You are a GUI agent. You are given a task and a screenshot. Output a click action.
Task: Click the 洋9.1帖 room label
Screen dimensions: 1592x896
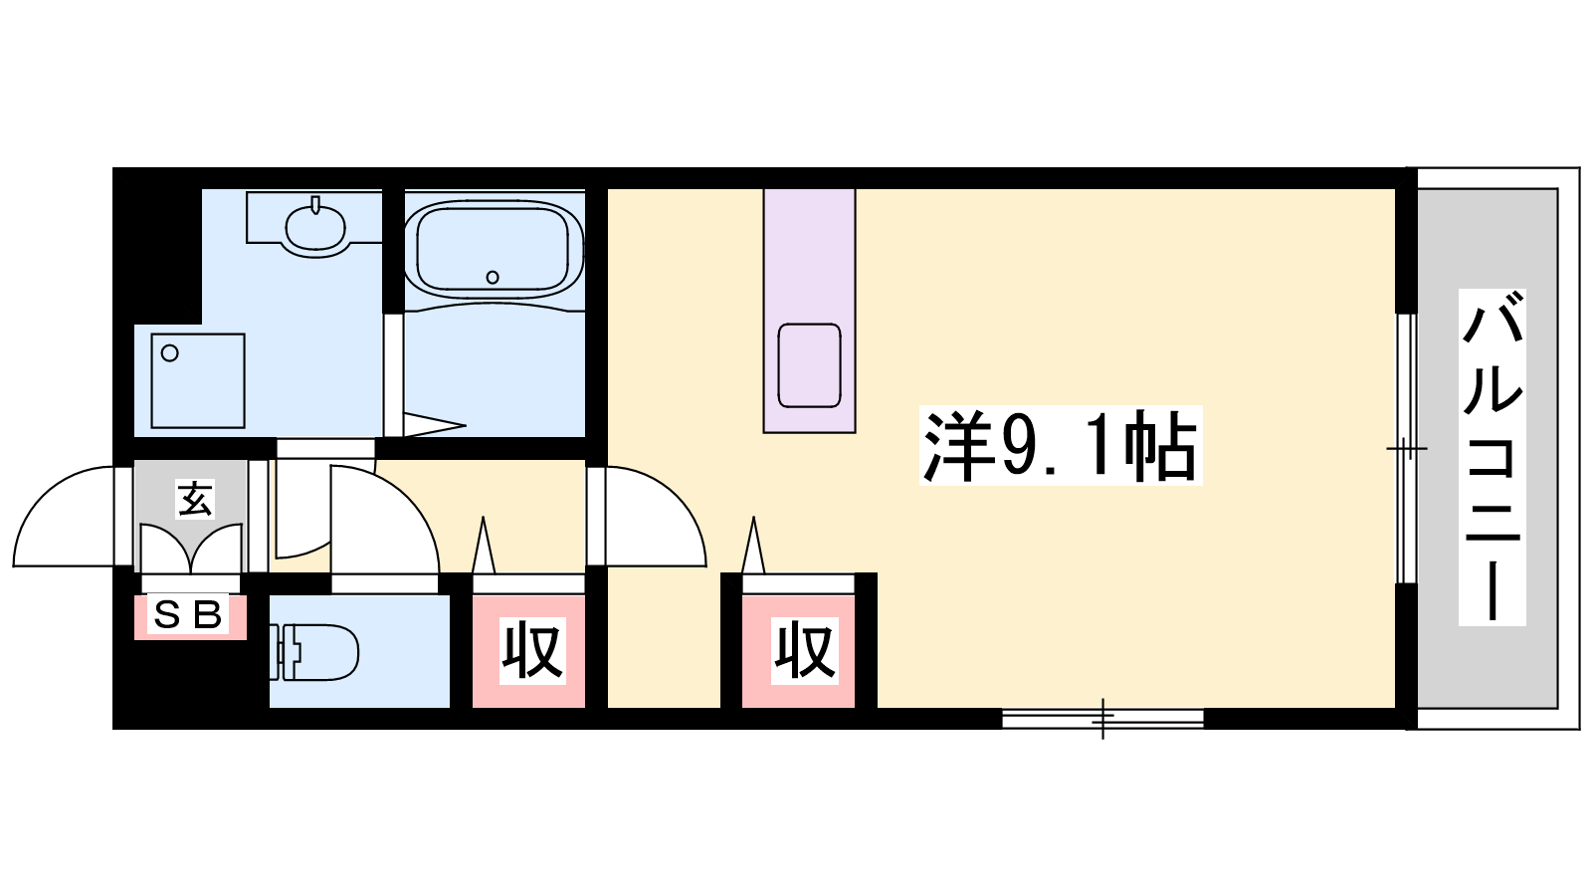click(1060, 446)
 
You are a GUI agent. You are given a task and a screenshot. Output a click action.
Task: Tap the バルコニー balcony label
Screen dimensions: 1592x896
click(1492, 457)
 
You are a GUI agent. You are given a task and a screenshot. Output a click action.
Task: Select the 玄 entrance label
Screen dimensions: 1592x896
click(195, 498)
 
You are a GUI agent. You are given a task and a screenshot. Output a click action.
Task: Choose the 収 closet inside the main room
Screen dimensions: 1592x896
click(805, 651)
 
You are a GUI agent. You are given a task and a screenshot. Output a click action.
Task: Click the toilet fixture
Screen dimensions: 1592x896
click(314, 652)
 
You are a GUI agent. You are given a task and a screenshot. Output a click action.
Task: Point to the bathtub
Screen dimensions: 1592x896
click(494, 250)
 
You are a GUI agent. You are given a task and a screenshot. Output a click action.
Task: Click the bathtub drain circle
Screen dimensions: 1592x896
click(493, 277)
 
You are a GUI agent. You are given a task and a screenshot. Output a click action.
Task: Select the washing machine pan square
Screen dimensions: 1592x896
click(198, 381)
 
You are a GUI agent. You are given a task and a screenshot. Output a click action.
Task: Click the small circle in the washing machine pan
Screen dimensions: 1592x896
click(170, 352)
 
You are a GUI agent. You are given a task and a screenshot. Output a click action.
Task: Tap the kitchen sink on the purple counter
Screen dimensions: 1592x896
click(809, 364)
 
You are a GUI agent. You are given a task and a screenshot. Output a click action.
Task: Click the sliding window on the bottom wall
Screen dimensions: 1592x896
click(1102, 719)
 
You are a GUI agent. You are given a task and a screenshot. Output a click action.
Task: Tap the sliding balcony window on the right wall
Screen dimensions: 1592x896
click(1407, 449)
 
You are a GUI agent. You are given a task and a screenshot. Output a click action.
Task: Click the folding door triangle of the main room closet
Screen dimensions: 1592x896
click(753, 545)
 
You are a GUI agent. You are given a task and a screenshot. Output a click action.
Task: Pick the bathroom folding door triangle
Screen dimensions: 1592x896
click(434, 425)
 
